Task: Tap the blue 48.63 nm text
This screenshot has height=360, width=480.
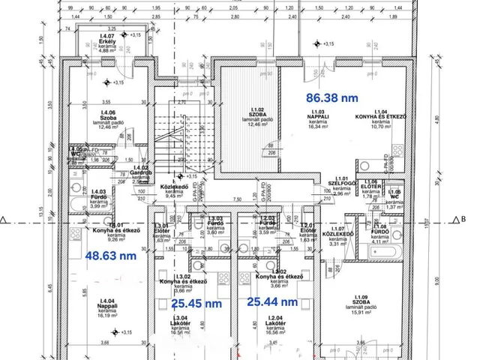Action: pos(111,255)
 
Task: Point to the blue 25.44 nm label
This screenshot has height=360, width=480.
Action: pos(273,301)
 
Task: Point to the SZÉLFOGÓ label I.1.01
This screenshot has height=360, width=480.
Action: pos(326,187)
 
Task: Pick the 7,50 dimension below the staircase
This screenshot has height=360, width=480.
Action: pos(236,199)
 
